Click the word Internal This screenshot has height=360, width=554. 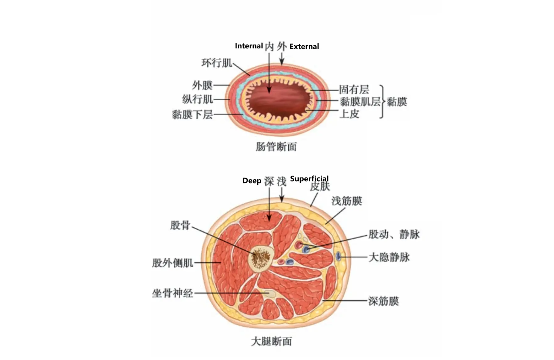click(x=249, y=46)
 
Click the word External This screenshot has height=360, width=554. click(x=304, y=46)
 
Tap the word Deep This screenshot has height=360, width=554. click(x=252, y=181)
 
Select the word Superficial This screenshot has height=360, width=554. click(x=309, y=179)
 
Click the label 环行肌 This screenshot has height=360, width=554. click(x=217, y=63)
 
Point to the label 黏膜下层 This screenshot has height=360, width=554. click(x=192, y=114)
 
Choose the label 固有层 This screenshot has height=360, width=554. click(x=354, y=90)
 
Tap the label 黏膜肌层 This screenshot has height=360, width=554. click(x=360, y=101)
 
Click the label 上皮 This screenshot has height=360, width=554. click(x=349, y=113)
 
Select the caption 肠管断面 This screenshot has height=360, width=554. click(x=276, y=147)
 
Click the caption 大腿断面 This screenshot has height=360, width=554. click(x=272, y=341)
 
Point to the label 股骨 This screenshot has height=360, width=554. click(x=180, y=225)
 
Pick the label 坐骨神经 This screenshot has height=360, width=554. click(x=173, y=293)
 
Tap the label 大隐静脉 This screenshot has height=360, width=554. click(x=389, y=257)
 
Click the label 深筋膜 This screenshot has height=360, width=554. click(x=384, y=301)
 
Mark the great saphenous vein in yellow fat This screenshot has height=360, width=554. click(x=338, y=256)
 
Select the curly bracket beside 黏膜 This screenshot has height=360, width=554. click(x=382, y=101)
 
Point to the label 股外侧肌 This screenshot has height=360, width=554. click(x=173, y=263)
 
